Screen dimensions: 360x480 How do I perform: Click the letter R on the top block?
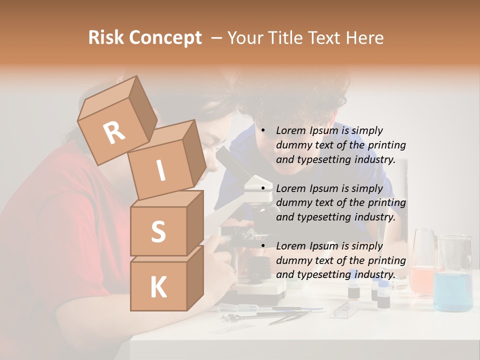[114, 133]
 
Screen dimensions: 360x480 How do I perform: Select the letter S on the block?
[158, 231]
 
